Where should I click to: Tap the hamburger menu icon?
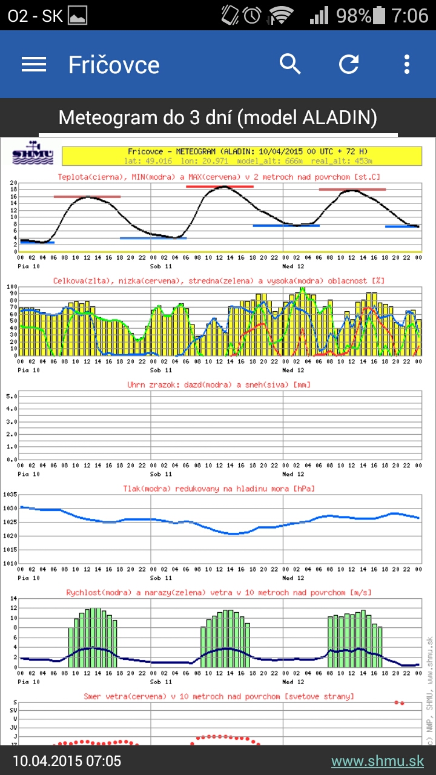point(34,64)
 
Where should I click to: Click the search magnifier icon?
point(290,64)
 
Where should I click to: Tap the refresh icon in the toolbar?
point(349,64)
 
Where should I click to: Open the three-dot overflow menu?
point(407,64)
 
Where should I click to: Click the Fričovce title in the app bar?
point(114,65)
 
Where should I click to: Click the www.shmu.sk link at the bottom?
point(377,761)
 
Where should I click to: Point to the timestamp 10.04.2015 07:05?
point(67,761)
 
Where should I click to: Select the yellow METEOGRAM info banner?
point(242,156)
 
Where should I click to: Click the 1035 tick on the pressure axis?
point(10,495)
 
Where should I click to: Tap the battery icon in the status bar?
point(380,15)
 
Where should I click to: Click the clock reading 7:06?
point(410,15)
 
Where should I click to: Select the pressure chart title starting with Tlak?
point(219,488)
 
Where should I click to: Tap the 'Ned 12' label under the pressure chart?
point(294,578)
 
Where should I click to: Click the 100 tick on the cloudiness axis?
point(11,286)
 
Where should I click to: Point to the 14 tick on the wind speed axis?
point(13,598)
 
